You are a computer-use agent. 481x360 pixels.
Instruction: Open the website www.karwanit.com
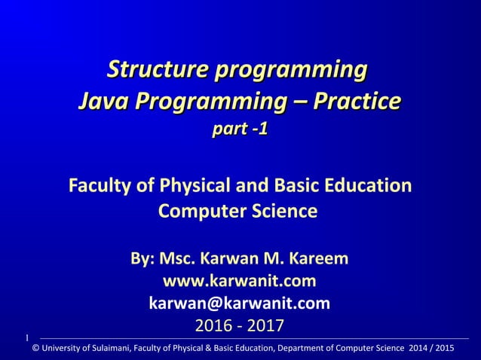[x=240, y=282]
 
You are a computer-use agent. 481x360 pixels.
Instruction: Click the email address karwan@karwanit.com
[x=240, y=304]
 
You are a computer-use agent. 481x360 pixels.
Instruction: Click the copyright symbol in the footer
[x=35, y=348]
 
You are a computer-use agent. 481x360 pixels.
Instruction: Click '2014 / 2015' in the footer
[x=427, y=348]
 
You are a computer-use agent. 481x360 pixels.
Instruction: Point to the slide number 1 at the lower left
[x=26, y=337]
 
